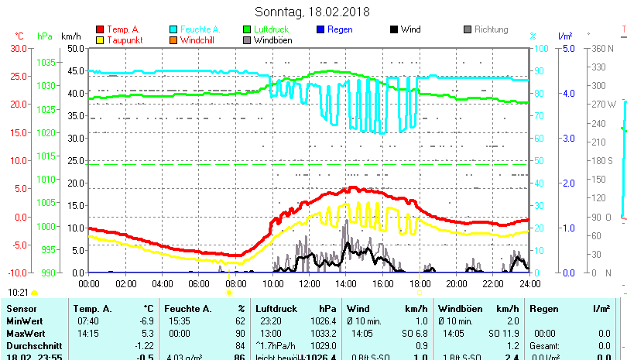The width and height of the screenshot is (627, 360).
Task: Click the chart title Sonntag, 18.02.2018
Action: tap(313, 12)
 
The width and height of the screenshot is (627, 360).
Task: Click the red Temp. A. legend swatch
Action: tap(100, 29)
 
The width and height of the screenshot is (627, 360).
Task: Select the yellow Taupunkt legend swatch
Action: tap(100, 40)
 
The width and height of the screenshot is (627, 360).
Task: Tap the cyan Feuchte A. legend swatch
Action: tap(174, 29)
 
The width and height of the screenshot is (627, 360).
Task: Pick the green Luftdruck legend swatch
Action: tap(248, 29)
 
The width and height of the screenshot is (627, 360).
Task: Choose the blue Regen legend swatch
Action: tap(321, 29)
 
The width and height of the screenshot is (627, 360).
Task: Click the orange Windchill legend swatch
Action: tap(174, 40)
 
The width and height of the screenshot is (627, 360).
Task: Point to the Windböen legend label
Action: tap(273, 40)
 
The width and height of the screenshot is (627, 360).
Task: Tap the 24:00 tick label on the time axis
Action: tap(529, 283)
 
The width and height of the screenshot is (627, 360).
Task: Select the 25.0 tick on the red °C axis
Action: tap(18, 76)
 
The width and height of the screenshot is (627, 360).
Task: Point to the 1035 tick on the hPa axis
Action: tap(45, 62)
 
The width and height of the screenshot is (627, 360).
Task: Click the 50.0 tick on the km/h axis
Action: tap(75, 48)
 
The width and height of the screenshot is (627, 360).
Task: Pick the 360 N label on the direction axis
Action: tap(602, 48)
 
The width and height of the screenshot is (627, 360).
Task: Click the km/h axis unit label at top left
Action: tap(70, 36)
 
